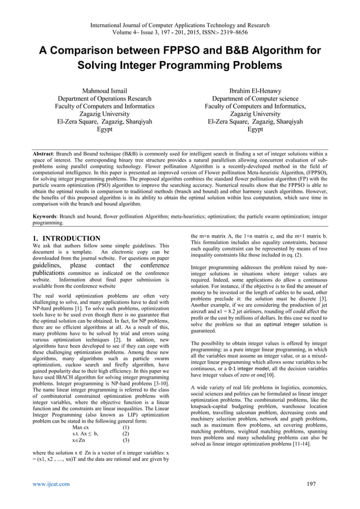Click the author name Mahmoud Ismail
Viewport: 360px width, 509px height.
pos(104,90)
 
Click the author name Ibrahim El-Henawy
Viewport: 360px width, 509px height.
pos(255,90)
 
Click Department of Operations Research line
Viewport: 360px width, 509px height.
pos(104,98)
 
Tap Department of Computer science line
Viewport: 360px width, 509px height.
pos(255,98)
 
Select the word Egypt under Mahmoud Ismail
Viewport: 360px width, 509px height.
pos(104,129)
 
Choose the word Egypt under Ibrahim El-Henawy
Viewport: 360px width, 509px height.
pos(255,129)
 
